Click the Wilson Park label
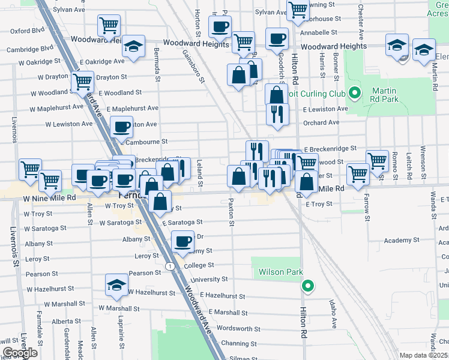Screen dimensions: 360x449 (280, 272)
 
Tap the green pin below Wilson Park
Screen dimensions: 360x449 (308, 286)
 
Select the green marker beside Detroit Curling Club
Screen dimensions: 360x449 (355, 94)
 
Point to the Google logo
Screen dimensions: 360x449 (20, 353)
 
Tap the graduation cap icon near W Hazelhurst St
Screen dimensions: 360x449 (117, 286)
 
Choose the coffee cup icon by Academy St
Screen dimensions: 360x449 (183, 242)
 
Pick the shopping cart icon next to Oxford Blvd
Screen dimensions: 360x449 (109, 26)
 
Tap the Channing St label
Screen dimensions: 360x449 (238, 344)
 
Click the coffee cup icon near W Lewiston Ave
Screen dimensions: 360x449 (122, 127)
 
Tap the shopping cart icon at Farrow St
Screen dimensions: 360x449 (358, 173)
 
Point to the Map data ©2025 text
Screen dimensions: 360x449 (424, 355)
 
